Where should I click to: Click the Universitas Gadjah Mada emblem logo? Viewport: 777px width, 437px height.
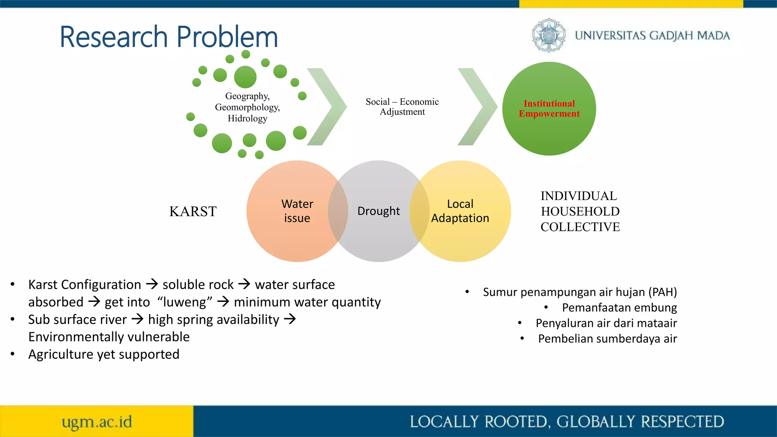548,35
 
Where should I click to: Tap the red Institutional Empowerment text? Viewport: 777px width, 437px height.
549,108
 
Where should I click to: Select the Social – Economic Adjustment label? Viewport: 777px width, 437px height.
402,107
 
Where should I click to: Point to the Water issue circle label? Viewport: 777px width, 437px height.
297,211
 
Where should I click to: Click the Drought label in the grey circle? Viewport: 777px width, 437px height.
378,211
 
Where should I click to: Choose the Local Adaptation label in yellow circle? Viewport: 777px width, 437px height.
460,211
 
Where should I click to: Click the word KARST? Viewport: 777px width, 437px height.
193,211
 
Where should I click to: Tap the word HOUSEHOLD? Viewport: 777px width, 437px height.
580,211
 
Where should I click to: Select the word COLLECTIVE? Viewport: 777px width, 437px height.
580,227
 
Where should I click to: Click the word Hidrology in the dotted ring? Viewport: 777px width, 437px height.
247,118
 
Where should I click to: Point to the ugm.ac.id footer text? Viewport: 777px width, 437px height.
97,422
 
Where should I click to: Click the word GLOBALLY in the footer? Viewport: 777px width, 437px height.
596,422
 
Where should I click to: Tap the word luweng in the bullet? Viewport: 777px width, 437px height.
184,302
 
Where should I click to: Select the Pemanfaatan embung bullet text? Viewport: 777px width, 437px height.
619,308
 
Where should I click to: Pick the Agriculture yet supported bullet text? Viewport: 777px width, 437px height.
104,354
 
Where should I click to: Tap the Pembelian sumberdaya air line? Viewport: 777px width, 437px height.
607,339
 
